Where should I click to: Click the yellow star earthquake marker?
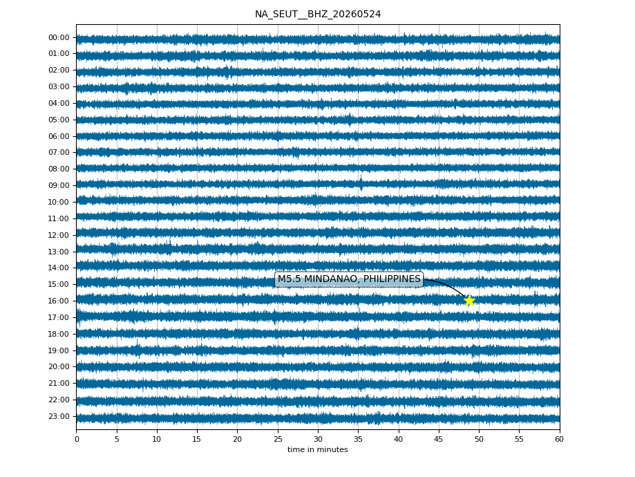tap(469, 301)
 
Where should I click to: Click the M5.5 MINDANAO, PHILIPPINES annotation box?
tap(349, 279)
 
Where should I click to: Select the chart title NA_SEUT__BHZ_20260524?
tap(318, 15)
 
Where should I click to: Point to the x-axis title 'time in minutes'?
tap(318, 449)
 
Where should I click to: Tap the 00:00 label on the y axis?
tap(59, 38)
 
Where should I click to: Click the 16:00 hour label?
tap(59, 301)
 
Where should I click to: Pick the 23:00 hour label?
tap(59, 416)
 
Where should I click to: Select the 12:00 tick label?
tap(59, 235)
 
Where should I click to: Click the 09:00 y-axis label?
tap(59, 185)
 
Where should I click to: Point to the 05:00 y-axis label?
tap(59, 120)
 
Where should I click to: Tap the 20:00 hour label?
tap(59, 367)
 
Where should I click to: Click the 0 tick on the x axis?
tap(77, 439)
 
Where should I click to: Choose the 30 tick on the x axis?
tap(319, 439)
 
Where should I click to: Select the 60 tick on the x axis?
tap(560, 439)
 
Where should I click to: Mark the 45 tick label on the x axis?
tap(439, 439)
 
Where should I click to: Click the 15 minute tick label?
tap(197, 439)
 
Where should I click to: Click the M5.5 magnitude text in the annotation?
tap(290, 279)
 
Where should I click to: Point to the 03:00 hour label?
tap(59, 86)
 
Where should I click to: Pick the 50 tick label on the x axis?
tap(479, 439)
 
